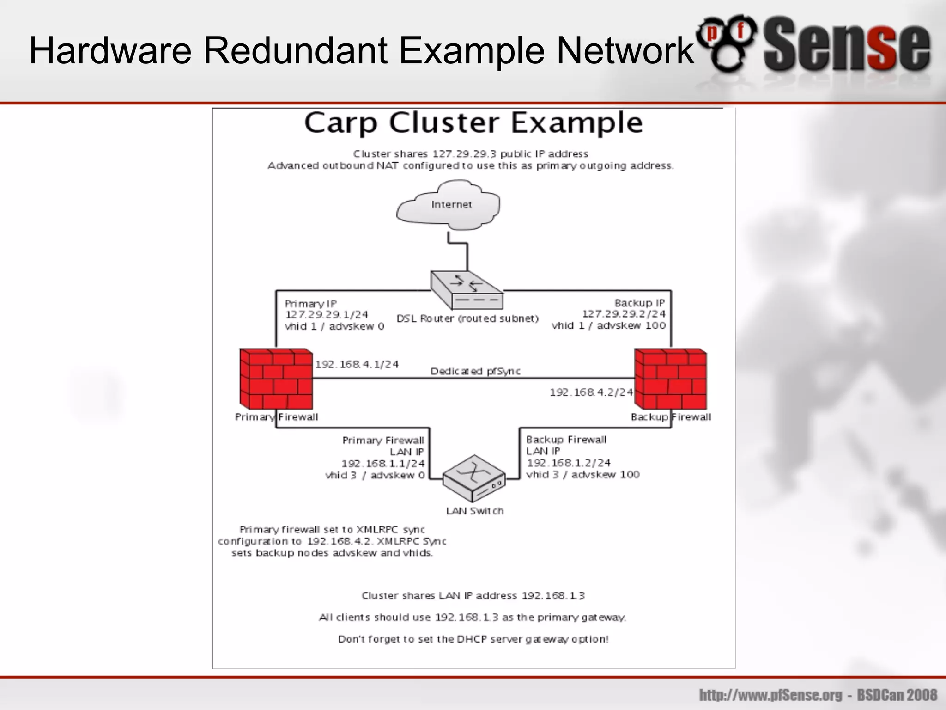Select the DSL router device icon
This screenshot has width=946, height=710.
[x=467, y=289]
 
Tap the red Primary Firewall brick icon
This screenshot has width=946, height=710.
[x=276, y=379]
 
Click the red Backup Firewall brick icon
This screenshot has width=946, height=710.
[x=671, y=379]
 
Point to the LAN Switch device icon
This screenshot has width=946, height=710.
[x=474, y=478]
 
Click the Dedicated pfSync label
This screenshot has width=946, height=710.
[x=475, y=371]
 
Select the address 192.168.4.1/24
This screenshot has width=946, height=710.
[x=357, y=364]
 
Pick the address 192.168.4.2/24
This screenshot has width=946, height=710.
[x=591, y=392]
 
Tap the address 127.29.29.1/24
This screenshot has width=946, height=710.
[x=327, y=315]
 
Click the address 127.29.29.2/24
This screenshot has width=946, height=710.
[x=624, y=314]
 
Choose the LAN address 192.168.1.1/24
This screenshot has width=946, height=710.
[x=383, y=464]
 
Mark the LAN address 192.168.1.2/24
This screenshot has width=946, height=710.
[x=569, y=463]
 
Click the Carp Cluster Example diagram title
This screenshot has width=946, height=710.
[x=473, y=123]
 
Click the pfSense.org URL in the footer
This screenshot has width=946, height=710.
[x=775, y=695]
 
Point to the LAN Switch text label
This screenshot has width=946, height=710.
[x=475, y=511]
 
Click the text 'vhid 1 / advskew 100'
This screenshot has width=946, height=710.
[x=608, y=325]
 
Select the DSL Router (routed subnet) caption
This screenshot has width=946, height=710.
[x=467, y=318]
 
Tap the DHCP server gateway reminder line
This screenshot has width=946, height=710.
[x=473, y=639]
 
